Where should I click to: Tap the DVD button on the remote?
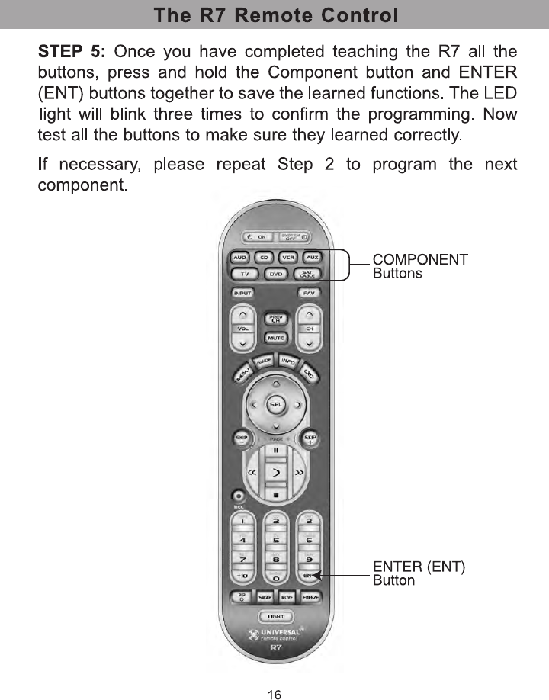point(277,274)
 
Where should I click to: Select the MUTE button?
point(276,337)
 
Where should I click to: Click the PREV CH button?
point(276,319)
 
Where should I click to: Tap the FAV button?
point(309,293)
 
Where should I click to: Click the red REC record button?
point(239,496)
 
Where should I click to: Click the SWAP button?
point(264,597)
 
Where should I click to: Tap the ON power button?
point(255,237)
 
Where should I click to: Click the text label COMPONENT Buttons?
point(419,266)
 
